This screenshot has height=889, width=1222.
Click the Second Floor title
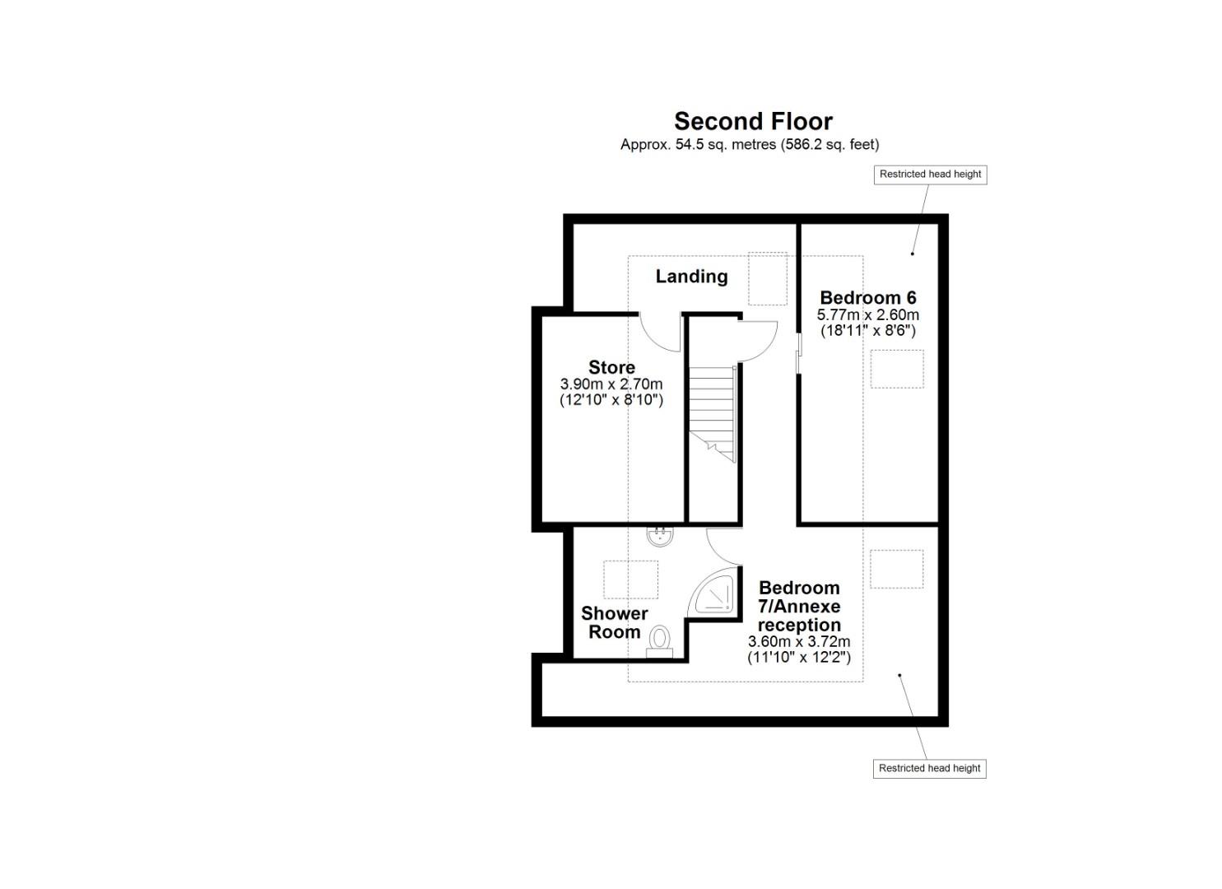pyautogui.click(x=753, y=121)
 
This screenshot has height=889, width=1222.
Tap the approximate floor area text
pyautogui.click(x=749, y=145)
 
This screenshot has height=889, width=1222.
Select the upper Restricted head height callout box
pyautogui.click(x=930, y=175)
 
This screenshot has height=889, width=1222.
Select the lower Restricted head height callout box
pyautogui.click(x=929, y=769)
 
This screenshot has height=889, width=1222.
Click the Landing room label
pyautogui.click(x=691, y=277)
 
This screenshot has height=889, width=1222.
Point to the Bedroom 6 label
pyautogui.click(x=867, y=297)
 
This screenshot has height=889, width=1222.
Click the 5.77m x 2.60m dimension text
pyautogui.click(x=867, y=315)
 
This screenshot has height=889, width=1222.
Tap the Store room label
pyautogui.click(x=611, y=367)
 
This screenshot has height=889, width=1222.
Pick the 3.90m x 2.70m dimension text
pyautogui.click(x=611, y=384)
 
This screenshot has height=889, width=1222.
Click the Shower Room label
pyautogui.click(x=614, y=623)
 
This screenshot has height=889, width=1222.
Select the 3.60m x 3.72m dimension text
pyautogui.click(x=798, y=642)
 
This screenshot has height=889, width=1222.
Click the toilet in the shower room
pyautogui.click(x=659, y=641)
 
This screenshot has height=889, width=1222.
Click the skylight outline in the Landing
pyautogui.click(x=766, y=279)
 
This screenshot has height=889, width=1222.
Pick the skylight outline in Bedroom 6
pyautogui.click(x=897, y=369)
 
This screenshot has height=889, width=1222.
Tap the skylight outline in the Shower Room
pyautogui.click(x=631, y=579)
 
